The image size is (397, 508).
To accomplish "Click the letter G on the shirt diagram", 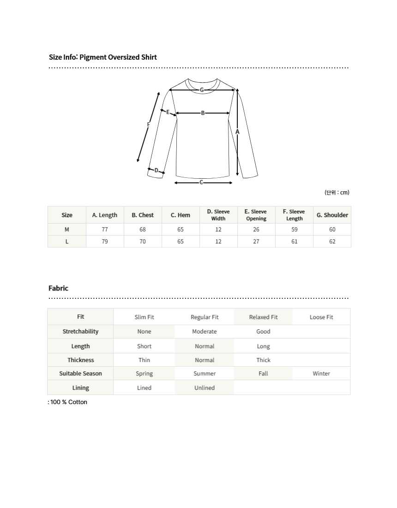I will tap(202, 90).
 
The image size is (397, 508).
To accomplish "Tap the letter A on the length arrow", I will tap(237, 132).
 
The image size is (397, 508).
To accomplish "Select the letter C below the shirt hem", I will tap(201, 182).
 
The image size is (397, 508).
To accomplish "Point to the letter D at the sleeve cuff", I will tap(156, 170).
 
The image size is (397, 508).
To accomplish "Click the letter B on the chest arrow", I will tap(203, 113).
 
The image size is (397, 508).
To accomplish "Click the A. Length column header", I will tap(105, 215).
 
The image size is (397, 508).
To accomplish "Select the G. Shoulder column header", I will tap(332, 215).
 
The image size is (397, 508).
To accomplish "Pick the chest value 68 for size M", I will tap(143, 230).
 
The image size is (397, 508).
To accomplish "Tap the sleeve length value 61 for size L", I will tap(295, 242).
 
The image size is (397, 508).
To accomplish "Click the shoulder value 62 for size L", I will tap(332, 242).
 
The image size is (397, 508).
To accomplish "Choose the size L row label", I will tap(67, 242).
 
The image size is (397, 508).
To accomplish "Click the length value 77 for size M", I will tap(105, 230).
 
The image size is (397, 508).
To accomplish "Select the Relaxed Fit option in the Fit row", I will tap(263, 317).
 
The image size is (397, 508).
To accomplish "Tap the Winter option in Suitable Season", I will tap(321, 374).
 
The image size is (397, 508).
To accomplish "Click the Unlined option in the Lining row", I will tap(205, 388).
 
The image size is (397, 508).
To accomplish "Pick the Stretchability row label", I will tap(80, 332).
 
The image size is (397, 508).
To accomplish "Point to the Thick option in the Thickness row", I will tap(263, 360).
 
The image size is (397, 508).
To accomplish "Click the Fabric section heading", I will tap(58, 288).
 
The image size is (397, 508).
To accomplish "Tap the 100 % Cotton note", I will tap(68, 402).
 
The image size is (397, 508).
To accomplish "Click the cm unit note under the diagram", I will tap(337, 193).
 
